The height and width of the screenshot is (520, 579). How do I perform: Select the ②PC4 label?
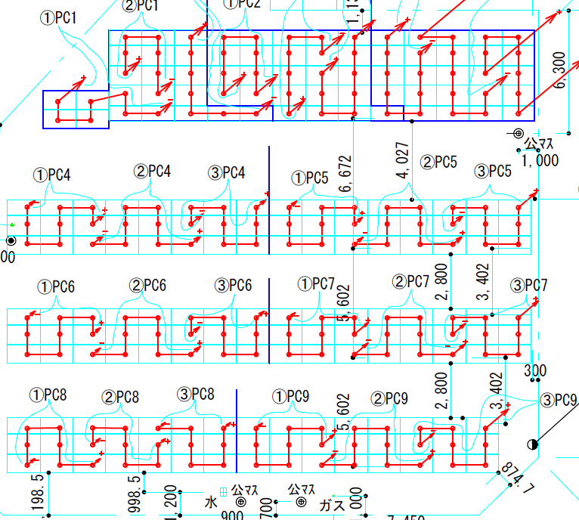point(152,172)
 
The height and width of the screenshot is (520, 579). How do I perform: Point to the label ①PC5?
point(310,178)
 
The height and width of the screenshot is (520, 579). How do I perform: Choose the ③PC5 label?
point(493,171)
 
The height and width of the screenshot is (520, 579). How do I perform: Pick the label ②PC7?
point(410,282)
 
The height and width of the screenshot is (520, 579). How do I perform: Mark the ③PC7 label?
point(528,285)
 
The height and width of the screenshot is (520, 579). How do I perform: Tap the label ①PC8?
point(48,395)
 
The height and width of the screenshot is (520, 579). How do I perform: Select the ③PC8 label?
point(195,394)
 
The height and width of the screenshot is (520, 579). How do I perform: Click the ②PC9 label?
point(389,398)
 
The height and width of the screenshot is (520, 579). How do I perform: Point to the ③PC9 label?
point(559,400)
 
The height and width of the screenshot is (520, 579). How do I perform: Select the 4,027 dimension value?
point(403,159)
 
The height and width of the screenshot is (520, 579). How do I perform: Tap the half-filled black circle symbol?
point(533,444)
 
